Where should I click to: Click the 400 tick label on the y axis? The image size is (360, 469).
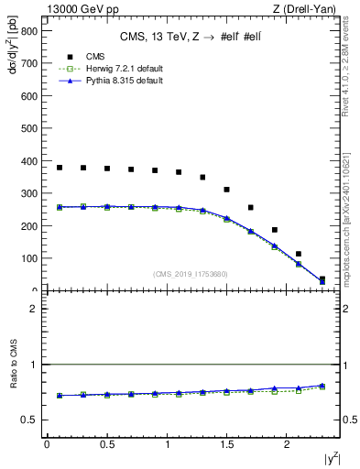click(30, 161)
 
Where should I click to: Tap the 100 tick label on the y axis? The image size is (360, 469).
click(30, 258)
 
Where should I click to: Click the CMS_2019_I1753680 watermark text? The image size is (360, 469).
click(191, 274)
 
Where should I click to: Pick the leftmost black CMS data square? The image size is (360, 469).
click(60, 168)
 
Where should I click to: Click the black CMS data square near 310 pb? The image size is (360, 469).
click(226, 190)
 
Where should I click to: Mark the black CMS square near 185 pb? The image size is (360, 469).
click(274, 230)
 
